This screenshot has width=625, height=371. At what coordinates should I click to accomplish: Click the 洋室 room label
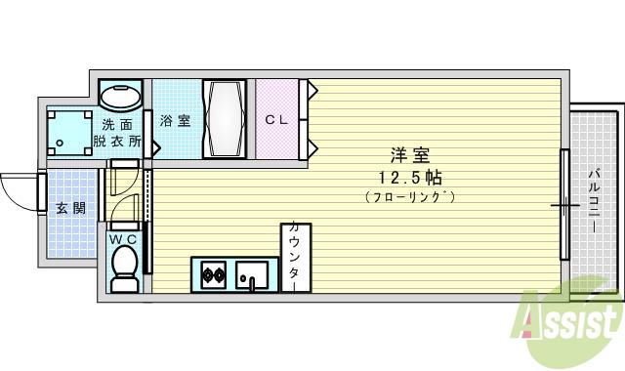coord(410,155)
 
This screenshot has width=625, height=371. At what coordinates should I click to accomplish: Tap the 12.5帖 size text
coord(410,177)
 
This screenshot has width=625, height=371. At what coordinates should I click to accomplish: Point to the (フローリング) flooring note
coord(410,197)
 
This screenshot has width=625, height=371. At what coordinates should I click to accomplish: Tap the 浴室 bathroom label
coord(175,120)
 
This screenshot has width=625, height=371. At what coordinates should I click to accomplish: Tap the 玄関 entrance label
coord(70,207)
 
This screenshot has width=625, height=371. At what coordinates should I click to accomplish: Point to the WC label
coord(122,238)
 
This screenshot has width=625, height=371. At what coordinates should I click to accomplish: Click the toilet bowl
coord(124,268)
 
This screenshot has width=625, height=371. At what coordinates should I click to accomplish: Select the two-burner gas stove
coord(213,274)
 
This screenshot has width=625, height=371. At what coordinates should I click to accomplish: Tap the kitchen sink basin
coord(251,273)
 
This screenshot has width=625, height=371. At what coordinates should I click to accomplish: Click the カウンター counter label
coord(293,257)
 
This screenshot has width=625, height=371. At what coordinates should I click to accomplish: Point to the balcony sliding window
coord(563,204)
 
